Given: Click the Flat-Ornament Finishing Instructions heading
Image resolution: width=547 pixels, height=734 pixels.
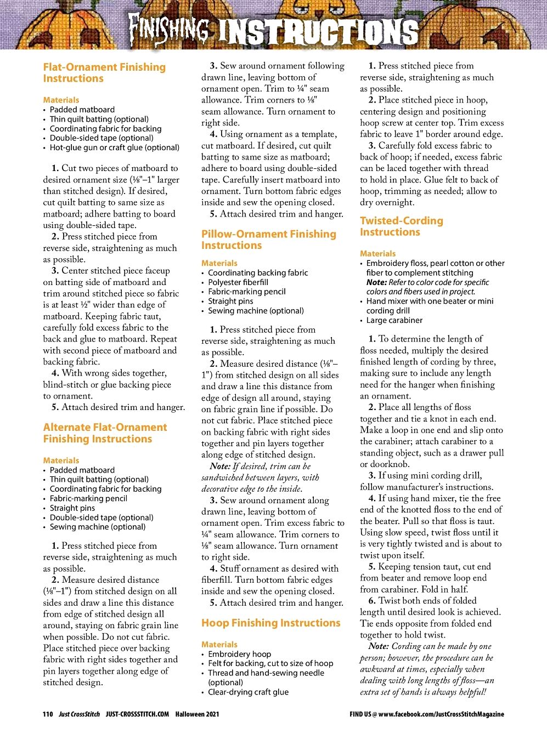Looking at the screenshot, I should click(x=104, y=72).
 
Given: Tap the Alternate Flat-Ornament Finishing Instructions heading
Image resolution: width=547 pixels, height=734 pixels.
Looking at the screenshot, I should click(x=105, y=433).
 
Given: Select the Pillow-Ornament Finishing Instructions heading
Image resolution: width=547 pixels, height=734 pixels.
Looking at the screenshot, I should click(x=268, y=240).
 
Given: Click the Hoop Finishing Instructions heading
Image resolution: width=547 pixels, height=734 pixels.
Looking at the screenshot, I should click(x=270, y=623).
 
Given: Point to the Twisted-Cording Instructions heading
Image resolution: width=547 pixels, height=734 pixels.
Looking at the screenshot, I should click(x=401, y=226).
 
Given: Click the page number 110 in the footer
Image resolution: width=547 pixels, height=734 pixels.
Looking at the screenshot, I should click(x=48, y=714).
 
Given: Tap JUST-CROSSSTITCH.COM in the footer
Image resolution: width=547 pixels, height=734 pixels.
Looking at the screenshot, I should click(x=138, y=714).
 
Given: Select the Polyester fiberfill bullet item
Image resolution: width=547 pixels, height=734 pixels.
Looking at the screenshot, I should click(x=238, y=282).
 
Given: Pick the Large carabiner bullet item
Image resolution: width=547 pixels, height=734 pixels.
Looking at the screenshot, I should click(x=394, y=320).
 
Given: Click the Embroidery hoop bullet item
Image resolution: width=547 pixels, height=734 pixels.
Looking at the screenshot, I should click(x=239, y=654).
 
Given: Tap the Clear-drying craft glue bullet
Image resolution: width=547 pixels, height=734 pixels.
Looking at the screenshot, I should click(x=248, y=692).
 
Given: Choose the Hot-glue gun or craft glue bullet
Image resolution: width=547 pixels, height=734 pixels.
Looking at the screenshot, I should click(x=114, y=147).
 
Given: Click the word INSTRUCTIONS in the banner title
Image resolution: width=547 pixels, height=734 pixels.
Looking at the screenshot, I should click(x=318, y=31).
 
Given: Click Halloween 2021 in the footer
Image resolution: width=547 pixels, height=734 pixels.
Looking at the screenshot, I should click(x=197, y=714).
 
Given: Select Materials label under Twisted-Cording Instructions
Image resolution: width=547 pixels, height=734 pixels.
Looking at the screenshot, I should click(x=377, y=253).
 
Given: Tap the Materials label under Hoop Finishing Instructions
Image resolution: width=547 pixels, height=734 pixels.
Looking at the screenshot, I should click(x=219, y=645).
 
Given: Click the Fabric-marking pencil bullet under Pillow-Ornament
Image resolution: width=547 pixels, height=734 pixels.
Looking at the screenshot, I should click(x=246, y=292).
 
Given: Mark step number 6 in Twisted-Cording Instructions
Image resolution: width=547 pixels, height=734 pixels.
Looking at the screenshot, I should click(x=372, y=600).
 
